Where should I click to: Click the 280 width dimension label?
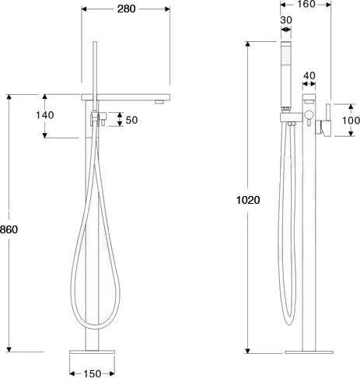coord(126,9)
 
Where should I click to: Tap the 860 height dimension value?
coord(9,229)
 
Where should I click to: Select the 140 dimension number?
coord(45,115)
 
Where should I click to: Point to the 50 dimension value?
coord(131,120)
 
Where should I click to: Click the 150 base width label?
coord(92,373)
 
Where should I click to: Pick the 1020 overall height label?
coord(248,200)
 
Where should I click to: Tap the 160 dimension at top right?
coord(306,4)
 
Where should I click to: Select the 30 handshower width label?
coord(286,20)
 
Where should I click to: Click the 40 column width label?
coord(309,75)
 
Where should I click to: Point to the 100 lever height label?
coord(351,121)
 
